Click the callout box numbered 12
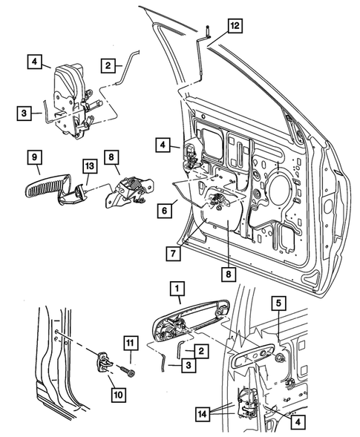click(235, 27)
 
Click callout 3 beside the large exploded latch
click(26, 113)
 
